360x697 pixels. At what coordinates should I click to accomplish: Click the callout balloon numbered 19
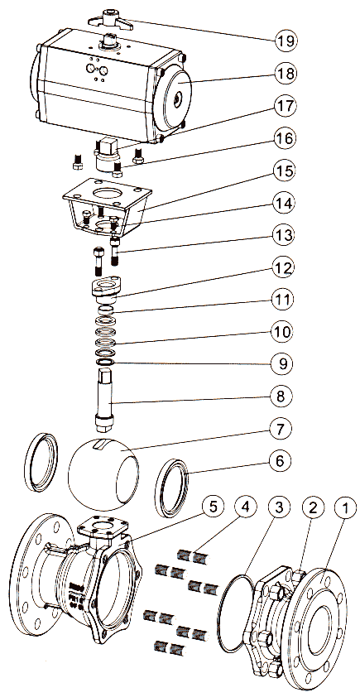[x=285, y=41]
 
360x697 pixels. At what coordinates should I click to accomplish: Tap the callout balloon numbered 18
[x=285, y=74]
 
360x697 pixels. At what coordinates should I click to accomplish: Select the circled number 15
[x=285, y=172]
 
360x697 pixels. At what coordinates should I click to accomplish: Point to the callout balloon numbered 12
[x=285, y=269]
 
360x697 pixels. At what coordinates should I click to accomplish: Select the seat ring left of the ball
[x=41, y=461]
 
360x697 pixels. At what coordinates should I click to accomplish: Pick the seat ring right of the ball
[x=172, y=488]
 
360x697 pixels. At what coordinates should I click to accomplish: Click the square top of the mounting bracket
[x=107, y=194]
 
